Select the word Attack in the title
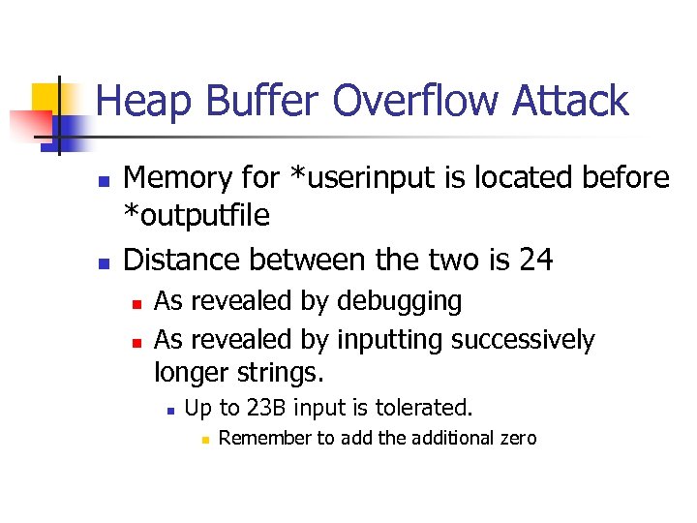pos(573,101)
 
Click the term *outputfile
pos(197,216)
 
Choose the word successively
pos(523,340)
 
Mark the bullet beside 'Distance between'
pos(103,262)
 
